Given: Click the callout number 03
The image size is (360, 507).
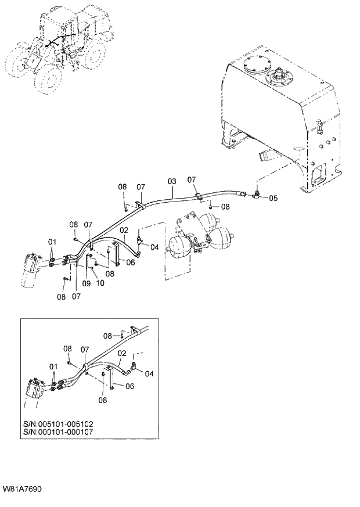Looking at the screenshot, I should click(172, 182).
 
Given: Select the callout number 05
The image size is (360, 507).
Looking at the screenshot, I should click(273, 198).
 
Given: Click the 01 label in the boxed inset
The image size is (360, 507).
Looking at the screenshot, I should click(53, 367).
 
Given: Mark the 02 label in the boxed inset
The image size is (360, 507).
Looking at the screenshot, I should click(123, 353).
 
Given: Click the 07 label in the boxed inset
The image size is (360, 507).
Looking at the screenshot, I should click(85, 349).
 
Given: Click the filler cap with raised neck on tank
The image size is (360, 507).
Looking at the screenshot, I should click(280, 75).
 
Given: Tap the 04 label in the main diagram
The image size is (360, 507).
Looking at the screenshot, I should click(154, 247).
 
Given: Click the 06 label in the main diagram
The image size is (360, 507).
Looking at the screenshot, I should click(130, 262).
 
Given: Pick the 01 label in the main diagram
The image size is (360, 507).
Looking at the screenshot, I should click(52, 242).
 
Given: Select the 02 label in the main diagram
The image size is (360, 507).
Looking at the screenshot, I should click(123, 231).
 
